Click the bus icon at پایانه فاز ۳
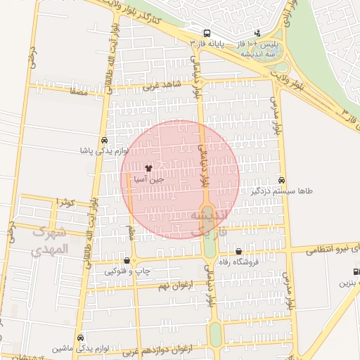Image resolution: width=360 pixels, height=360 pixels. [207, 33]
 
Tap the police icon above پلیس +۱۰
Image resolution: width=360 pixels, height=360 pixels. [258, 32]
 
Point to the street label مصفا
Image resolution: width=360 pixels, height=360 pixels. [78, 90]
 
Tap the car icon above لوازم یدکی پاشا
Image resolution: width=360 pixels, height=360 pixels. [104, 139]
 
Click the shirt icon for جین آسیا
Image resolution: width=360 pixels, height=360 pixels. [148, 168]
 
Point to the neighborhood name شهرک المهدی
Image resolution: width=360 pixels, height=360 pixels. [51, 240]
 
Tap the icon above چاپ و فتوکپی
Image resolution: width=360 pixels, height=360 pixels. [126, 260]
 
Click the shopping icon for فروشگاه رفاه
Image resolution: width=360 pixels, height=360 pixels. [239, 251]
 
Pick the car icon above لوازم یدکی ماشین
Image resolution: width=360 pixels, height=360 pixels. [80, 337]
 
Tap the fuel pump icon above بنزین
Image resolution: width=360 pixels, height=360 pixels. [356, 272]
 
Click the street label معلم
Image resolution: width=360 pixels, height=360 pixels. [131, 232]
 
